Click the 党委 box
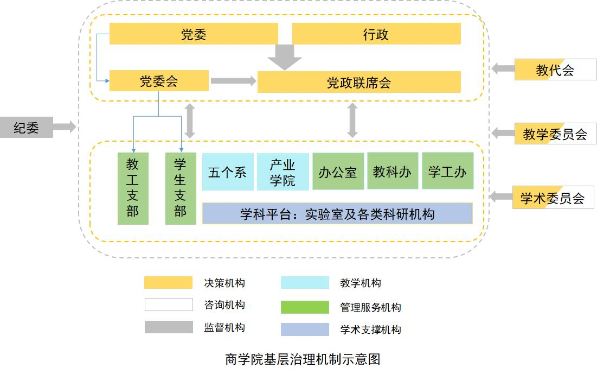click(194, 34)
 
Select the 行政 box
click(376, 34)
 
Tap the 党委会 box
click(159, 81)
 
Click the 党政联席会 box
click(359, 82)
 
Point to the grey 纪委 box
click(26, 127)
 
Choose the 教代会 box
click(555, 69)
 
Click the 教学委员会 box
click(555, 134)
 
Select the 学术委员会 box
click(553, 198)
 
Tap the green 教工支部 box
click(133, 188)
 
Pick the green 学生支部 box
click(181, 188)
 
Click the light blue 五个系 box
click(228, 172)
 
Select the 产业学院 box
click(283, 172)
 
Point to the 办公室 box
click(338, 172)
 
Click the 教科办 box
click(393, 171)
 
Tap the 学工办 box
click(447, 171)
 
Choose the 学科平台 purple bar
click(337, 213)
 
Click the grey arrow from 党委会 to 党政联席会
click(233, 81)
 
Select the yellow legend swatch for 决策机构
click(168, 283)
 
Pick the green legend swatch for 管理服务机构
click(305, 307)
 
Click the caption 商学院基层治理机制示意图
click(303, 359)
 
